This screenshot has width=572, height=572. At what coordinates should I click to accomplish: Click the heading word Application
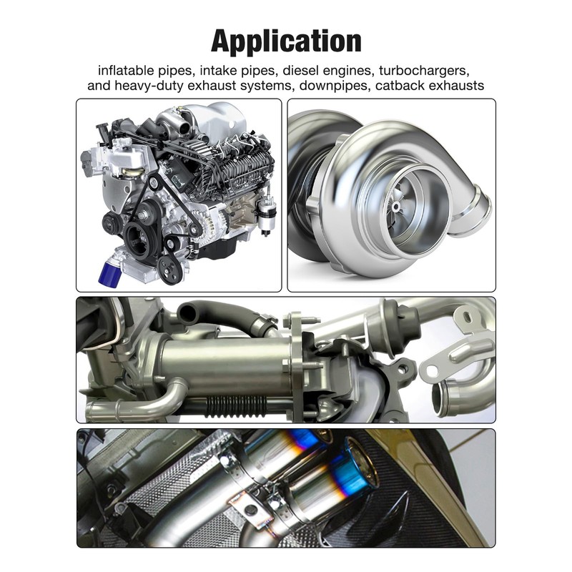coord(286,42)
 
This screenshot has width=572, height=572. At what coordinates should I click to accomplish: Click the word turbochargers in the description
coord(423,70)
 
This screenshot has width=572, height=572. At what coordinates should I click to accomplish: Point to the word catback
coord(400,85)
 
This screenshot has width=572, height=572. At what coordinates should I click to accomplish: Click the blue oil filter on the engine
coord(110,271)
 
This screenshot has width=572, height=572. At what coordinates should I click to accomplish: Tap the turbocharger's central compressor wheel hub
coord(395,207)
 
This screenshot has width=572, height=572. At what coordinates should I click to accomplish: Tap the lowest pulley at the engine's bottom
coord(171,270)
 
